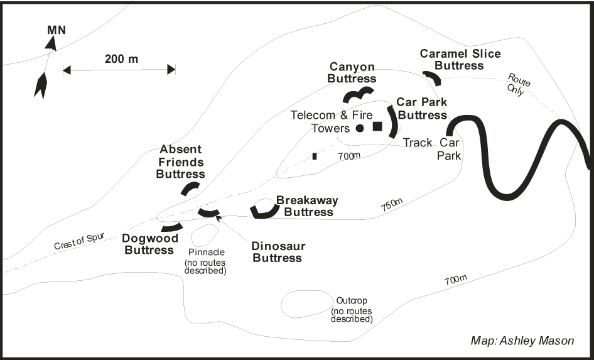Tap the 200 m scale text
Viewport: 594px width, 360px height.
point(121,59)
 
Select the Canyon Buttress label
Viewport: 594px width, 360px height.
point(353,73)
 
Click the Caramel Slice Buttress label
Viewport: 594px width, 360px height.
point(460,59)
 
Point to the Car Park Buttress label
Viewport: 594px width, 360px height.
point(421,109)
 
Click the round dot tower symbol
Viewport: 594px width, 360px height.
point(360,128)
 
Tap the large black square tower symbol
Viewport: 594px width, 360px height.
point(377,126)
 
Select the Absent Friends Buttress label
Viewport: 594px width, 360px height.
point(181,161)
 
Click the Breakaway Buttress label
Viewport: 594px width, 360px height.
point(308,206)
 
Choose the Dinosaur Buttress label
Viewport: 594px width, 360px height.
point(277,251)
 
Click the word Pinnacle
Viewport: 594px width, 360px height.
point(205,253)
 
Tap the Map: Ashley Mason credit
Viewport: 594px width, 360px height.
point(522,341)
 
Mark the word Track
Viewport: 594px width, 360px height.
point(418,143)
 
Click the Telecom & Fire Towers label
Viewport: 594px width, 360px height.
point(332,122)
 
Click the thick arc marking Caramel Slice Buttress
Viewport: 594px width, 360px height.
point(432,77)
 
